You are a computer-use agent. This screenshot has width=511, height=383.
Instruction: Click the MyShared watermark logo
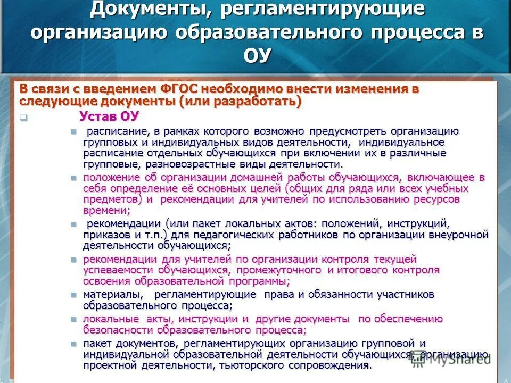[460, 360]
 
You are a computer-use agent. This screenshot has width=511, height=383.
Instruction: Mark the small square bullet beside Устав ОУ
[23, 118]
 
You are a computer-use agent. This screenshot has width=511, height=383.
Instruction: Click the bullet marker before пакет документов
[75, 344]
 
